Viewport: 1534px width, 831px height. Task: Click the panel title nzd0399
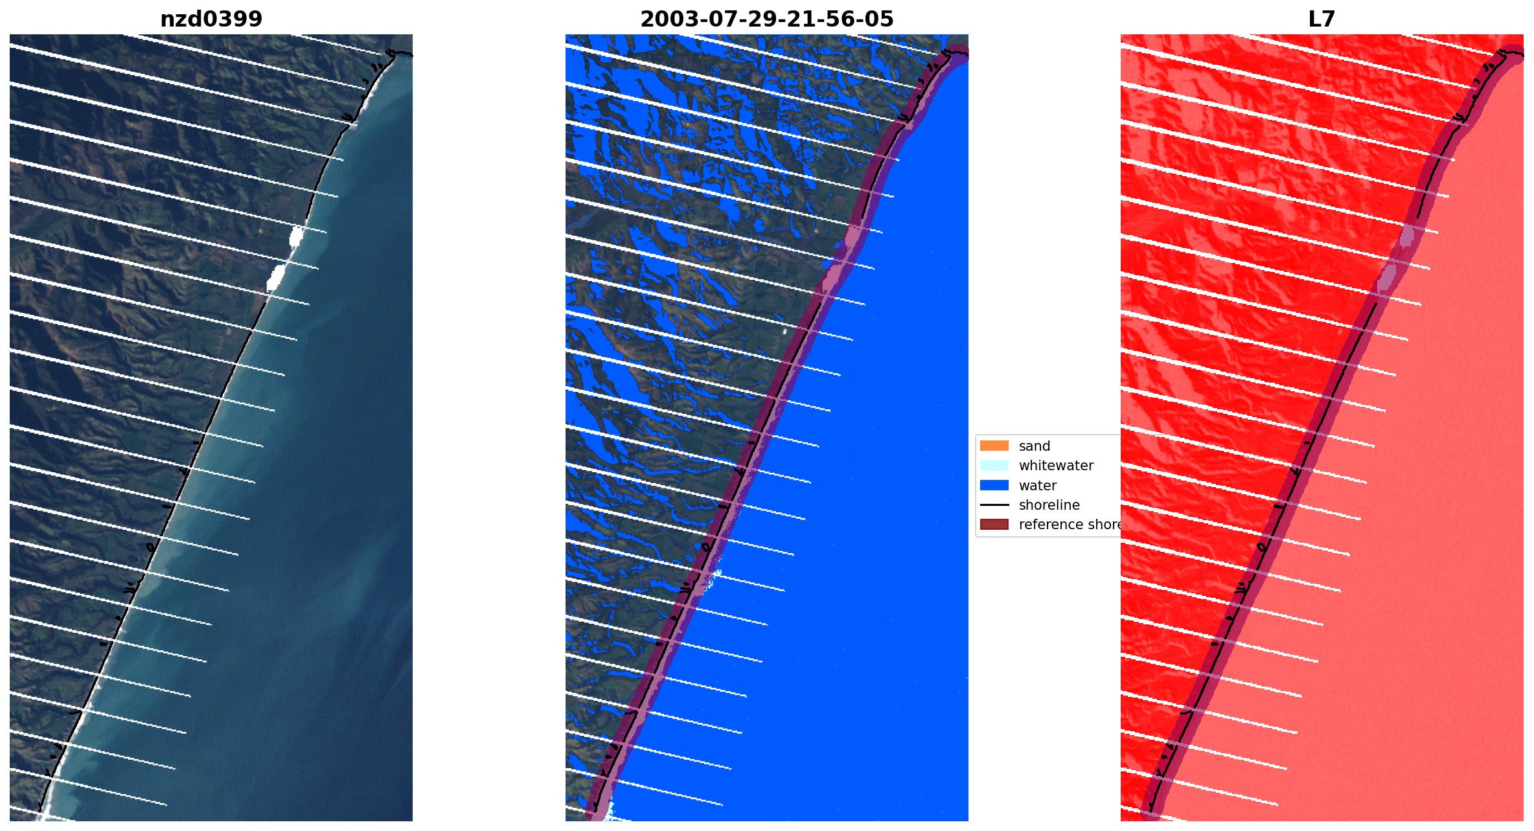(211, 19)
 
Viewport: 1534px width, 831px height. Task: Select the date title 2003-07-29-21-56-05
(766, 19)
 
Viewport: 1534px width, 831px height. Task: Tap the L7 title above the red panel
(1322, 19)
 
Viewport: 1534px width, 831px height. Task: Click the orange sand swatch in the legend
(994, 446)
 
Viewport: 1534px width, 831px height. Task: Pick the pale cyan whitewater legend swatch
(994, 465)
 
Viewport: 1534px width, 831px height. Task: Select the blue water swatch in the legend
(994, 485)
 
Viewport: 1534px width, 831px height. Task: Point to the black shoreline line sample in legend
(994, 505)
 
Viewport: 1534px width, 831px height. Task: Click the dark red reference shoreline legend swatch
(994, 525)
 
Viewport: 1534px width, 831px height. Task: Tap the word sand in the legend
(1034, 446)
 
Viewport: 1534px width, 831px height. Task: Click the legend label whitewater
(1056, 465)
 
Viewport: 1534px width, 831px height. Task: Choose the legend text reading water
(1037, 485)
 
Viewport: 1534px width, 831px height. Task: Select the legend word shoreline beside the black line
(1049, 505)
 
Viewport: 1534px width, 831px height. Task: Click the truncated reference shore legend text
(1069, 525)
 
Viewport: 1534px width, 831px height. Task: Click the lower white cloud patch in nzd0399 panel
(275, 278)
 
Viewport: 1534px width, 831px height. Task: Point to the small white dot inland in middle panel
(784, 331)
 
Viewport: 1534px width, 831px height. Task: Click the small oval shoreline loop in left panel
(151, 547)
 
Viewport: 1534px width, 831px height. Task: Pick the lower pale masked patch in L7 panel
(1386, 278)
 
